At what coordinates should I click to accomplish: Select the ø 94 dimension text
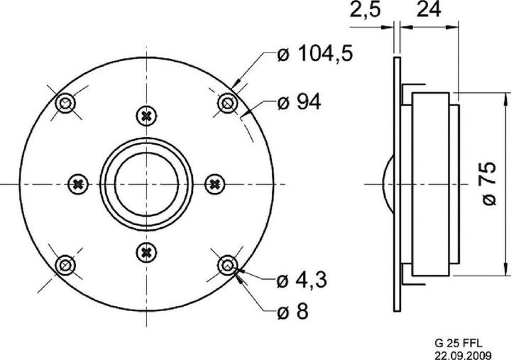[299, 102]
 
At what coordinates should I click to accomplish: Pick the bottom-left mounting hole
[65, 265]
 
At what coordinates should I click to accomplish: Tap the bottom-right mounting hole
[226, 265]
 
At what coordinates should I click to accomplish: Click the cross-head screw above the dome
[146, 115]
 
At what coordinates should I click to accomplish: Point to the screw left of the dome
[77, 184]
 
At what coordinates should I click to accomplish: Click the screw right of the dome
[214, 184]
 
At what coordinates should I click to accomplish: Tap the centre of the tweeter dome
[145, 184]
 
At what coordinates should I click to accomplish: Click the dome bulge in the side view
[387, 183]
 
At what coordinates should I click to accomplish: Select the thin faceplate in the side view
[396, 183]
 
